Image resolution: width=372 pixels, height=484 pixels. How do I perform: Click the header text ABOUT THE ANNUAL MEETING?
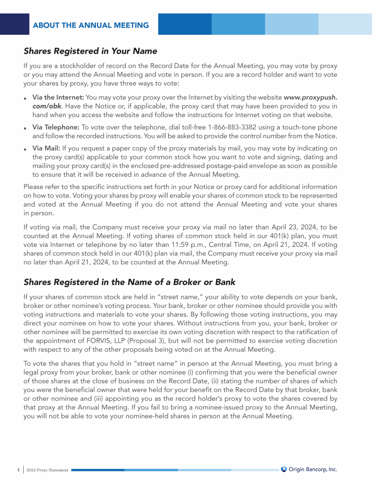click(x=91, y=25)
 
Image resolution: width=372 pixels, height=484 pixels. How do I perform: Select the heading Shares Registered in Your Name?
click(x=90, y=51)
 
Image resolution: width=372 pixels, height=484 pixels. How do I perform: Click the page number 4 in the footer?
click(x=17, y=469)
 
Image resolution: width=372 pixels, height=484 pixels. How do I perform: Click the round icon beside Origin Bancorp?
click(x=284, y=469)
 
